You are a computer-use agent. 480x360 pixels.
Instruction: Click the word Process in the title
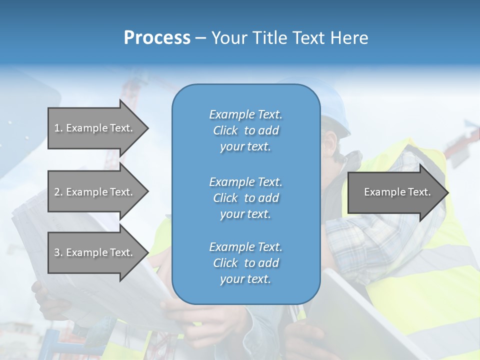coord(157,38)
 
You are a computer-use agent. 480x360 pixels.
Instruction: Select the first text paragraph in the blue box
coord(245,130)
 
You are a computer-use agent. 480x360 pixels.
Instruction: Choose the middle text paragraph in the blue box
coord(245,198)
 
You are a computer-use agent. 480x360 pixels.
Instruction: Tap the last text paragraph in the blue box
coord(245,263)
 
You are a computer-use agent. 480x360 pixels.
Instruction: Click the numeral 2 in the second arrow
coord(57,192)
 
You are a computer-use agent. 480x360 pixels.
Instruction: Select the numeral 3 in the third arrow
coord(57,252)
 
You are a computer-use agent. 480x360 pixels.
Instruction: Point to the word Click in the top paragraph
coord(225,130)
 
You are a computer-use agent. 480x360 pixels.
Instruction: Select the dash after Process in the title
coord(200,38)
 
